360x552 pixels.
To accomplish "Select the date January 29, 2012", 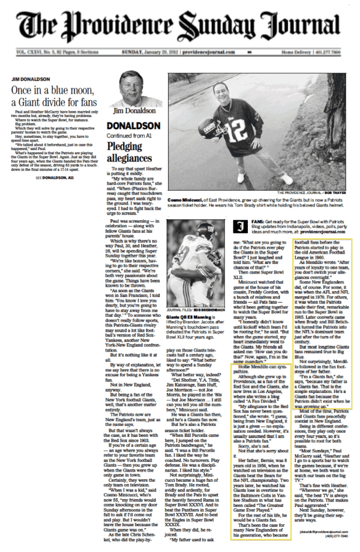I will point(152,53).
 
